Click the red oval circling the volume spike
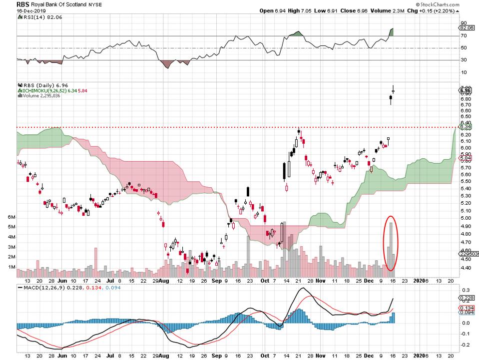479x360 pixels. [392, 243]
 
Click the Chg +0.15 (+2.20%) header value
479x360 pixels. [443, 10]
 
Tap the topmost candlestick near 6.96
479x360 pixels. [393, 90]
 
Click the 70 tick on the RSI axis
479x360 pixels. [463, 36]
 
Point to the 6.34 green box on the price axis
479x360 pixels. [463, 127]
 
